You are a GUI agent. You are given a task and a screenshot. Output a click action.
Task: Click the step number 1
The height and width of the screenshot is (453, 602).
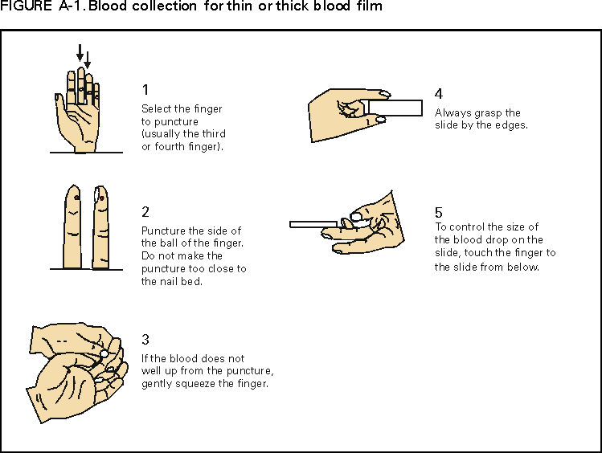tap(145, 89)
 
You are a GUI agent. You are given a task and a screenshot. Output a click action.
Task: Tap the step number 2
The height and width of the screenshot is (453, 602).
tap(145, 212)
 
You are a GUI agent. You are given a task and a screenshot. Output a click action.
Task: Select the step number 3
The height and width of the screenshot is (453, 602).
tap(145, 340)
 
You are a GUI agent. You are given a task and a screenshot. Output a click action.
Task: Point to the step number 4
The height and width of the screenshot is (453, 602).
tap(438, 93)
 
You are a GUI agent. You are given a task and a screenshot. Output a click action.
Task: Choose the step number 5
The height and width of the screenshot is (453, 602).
tap(438, 212)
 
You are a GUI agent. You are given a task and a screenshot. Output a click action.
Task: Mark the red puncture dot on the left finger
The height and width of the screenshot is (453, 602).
tap(76, 198)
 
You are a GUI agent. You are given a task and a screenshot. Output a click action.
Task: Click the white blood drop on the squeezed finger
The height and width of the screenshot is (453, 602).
tap(104, 353)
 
